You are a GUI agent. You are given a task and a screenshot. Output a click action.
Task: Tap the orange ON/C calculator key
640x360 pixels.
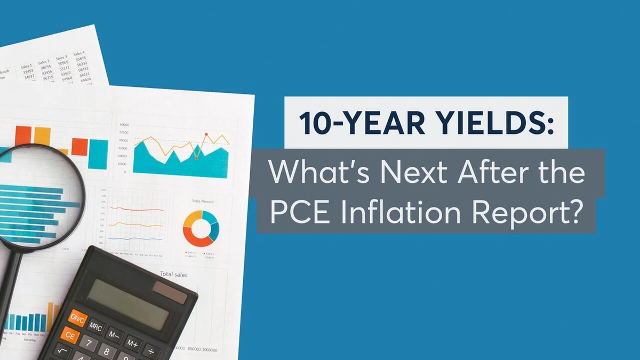click(x=78, y=318)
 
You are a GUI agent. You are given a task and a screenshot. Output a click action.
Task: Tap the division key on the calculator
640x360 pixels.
click(x=150, y=351)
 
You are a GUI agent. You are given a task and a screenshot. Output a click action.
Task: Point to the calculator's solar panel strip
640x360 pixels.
click(x=170, y=292)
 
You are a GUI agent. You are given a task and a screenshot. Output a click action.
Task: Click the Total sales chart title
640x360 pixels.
click(x=173, y=274)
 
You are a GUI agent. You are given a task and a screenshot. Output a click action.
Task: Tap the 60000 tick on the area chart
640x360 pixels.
click(x=124, y=124)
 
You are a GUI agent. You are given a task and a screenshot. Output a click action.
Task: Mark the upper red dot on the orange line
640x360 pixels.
click(x=206, y=134)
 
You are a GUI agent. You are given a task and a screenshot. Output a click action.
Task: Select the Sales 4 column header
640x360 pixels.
click(x=79, y=54)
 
